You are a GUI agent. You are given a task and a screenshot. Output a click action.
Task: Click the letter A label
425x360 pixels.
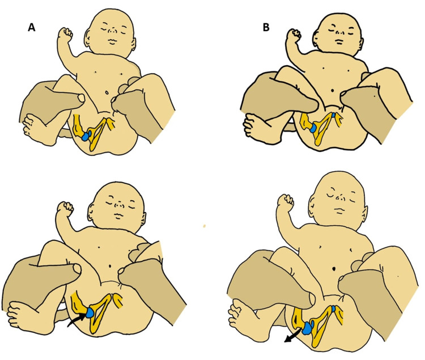point(32,27)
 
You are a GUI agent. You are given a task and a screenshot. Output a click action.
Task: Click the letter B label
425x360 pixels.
point(266,27)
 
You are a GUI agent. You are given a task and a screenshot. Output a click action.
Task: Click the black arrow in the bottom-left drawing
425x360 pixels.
point(76,319)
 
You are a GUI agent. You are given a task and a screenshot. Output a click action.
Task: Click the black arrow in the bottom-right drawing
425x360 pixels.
point(292,335)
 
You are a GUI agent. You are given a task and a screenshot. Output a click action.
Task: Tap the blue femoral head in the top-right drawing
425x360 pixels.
point(313,128)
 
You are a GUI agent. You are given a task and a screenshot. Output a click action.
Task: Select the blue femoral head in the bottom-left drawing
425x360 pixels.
point(90,312)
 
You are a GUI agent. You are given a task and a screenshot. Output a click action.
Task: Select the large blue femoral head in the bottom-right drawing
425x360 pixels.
point(308,329)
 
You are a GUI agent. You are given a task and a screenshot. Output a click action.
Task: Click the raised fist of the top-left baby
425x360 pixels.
point(66,34)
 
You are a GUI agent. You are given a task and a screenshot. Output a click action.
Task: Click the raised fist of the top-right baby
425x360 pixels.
point(294,35)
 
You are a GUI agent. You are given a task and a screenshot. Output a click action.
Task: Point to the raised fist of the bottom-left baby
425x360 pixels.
point(65,207)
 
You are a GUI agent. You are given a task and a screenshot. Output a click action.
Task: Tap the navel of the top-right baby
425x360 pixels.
point(333,90)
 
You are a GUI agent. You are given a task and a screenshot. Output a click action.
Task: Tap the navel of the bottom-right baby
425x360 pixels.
point(334,269)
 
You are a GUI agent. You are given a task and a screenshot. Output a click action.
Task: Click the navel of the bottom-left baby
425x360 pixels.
point(110,266)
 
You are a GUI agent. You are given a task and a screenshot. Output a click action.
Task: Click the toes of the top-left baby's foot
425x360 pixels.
point(28,124)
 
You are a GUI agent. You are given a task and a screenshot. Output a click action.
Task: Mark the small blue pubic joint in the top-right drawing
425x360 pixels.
point(333,115)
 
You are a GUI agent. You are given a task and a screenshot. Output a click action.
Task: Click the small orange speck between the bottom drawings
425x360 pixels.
point(204,226)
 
